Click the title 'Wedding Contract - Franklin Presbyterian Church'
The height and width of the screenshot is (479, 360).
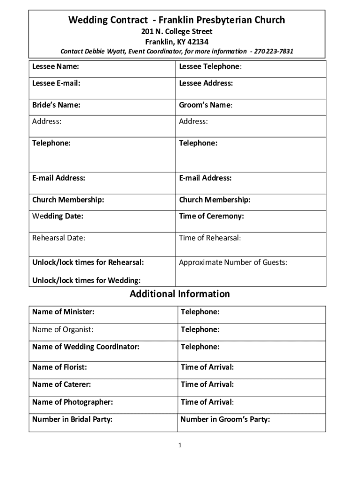177,20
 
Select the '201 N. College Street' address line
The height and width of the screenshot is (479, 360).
177,32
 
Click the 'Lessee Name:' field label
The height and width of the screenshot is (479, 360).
56,66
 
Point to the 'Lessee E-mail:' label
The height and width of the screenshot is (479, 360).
56,83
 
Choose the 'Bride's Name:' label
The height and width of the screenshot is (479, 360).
56,105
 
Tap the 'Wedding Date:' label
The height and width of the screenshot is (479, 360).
58,217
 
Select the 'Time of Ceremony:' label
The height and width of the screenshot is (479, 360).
211,216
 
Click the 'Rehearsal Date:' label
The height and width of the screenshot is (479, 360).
59,238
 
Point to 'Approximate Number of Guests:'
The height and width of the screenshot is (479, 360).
233,262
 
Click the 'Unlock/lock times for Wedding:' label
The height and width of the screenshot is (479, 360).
86,281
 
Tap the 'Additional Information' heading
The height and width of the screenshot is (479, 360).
180,294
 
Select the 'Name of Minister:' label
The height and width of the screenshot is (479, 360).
63,312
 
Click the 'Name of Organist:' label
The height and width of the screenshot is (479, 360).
63,329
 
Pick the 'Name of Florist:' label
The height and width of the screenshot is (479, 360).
59,367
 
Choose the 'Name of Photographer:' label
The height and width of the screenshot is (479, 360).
72,402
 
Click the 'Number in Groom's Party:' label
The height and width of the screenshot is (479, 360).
225,420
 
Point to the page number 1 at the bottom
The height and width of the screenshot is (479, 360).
180,445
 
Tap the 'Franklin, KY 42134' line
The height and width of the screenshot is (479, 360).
177,42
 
